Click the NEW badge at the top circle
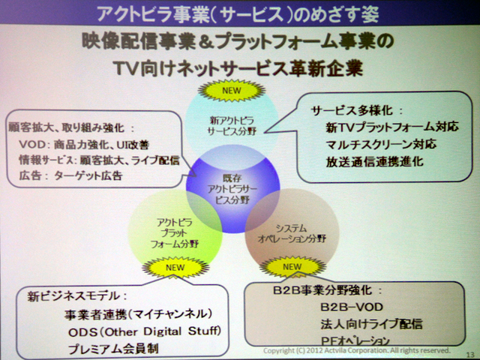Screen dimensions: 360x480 [x=240, y=91]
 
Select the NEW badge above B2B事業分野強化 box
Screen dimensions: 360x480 [x=292, y=266]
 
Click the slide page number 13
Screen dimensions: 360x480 [x=470, y=353]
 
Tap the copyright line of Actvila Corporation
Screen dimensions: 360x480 [x=356, y=350]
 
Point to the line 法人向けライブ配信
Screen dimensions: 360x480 [x=360, y=324]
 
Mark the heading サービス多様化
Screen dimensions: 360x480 [x=351, y=109]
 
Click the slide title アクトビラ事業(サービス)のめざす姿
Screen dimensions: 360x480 [x=240, y=13]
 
